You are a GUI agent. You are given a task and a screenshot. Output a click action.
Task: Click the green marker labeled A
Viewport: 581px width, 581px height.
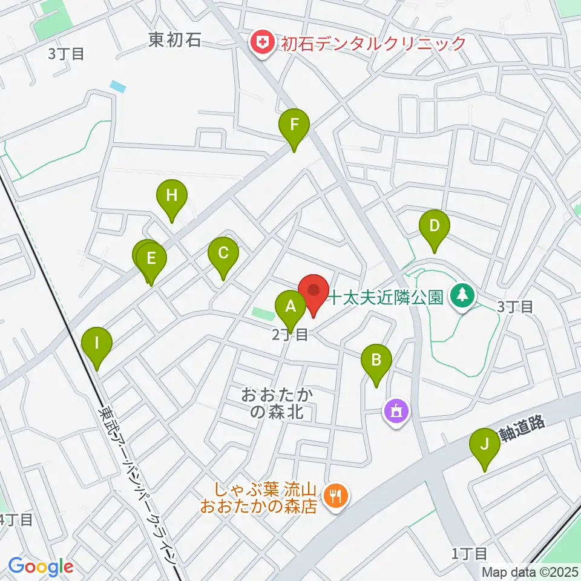pyautogui.click(x=291, y=307)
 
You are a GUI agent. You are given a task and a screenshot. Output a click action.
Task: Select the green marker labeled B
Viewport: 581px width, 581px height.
pyautogui.click(x=376, y=361)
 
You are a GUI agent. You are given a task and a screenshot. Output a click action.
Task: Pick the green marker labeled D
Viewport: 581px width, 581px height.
pyautogui.click(x=434, y=226)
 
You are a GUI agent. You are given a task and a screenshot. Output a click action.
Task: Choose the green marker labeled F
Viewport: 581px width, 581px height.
pyautogui.click(x=294, y=126)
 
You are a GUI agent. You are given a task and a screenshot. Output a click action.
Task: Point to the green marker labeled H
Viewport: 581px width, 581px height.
pyautogui.click(x=172, y=196)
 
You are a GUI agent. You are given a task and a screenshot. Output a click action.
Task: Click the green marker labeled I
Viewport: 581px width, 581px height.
pyautogui.click(x=97, y=344)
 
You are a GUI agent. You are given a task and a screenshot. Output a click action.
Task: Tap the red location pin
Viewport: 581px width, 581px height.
pyautogui.click(x=313, y=290)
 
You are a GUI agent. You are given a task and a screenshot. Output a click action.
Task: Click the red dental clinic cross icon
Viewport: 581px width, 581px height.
pyautogui.click(x=262, y=43)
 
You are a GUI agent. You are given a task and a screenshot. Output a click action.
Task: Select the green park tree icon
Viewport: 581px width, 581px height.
pyautogui.click(x=464, y=296)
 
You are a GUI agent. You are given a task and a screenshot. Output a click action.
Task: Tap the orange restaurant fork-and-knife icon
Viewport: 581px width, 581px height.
pyautogui.click(x=334, y=497)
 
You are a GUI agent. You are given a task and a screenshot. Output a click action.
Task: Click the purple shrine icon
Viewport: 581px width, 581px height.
pyautogui.click(x=396, y=412)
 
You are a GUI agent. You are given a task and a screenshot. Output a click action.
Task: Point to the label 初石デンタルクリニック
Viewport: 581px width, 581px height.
pyautogui.click(x=372, y=43)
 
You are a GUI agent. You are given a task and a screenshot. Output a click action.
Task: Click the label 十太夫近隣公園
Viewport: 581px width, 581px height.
pyautogui.click(x=387, y=297)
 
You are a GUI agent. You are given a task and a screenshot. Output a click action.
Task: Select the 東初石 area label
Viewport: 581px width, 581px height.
pyautogui.click(x=175, y=41)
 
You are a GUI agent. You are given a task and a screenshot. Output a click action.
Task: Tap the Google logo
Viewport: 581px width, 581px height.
pyautogui.click(x=41, y=567)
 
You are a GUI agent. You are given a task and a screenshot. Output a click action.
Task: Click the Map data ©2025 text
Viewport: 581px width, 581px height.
pyautogui.click(x=530, y=572)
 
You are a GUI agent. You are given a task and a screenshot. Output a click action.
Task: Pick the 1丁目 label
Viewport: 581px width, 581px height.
pyautogui.click(x=469, y=553)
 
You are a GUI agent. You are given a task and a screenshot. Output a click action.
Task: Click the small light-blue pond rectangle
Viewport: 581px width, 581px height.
pyautogui.click(x=119, y=87)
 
